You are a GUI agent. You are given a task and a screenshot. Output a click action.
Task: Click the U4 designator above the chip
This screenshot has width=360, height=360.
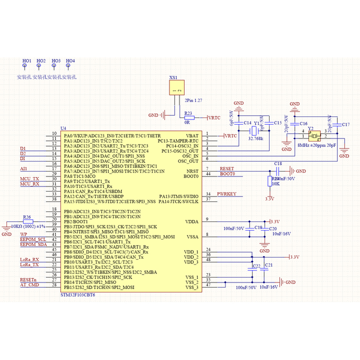[x=62, y=128]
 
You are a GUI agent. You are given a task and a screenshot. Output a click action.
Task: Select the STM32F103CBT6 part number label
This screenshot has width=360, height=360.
[x=77, y=295]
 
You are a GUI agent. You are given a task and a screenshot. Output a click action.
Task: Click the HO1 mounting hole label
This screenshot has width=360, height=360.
[x=26, y=61]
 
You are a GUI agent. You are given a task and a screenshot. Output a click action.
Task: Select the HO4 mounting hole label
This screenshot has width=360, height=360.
[x=70, y=61]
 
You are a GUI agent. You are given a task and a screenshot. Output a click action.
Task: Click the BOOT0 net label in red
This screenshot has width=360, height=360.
[x=227, y=173]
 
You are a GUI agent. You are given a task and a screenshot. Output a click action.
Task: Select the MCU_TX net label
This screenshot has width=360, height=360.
[x=29, y=178]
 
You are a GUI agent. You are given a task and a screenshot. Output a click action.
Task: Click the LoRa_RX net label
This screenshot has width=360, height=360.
[x=29, y=259]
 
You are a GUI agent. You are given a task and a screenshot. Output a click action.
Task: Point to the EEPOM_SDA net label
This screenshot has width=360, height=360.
[x=33, y=244]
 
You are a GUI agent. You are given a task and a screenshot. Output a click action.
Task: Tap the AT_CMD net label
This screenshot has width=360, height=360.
[x=29, y=284]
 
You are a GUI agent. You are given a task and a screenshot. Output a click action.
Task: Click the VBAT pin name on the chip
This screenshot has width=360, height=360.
[x=192, y=135]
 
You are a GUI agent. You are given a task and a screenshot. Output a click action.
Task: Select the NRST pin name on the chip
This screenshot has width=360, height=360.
[x=192, y=171]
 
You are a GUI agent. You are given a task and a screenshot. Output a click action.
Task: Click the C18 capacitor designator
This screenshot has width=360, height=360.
[x=278, y=163]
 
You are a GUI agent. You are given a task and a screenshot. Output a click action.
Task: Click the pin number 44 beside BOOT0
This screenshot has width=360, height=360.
[x=208, y=173]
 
